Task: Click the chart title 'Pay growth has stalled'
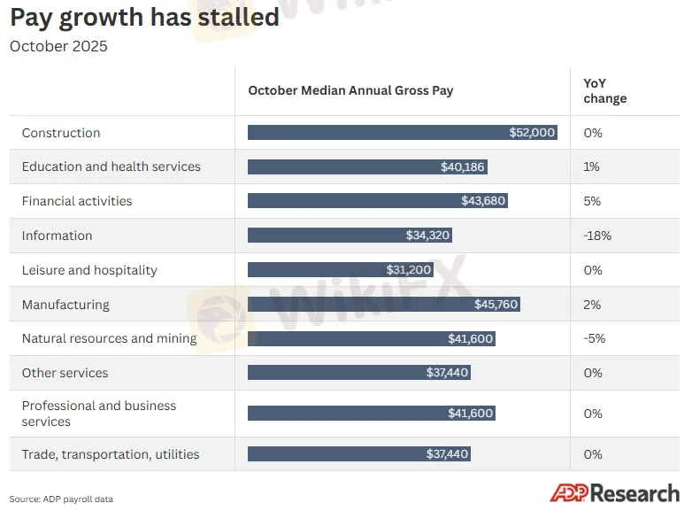pos(144,17)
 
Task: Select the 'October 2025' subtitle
pos(58,46)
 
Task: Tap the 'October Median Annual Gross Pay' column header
pos(350,90)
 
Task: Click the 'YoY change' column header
pos(604,90)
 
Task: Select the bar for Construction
pos(402,133)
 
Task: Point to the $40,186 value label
pos(462,166)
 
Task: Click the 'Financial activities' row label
pos(77,201)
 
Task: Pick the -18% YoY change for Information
pos(597,236)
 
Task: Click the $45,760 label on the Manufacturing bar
pos(495,305)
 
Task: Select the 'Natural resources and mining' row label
pos(109,338)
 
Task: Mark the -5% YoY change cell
pos(594,338)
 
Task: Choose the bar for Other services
pos(358,373)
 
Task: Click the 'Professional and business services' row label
pos(99,414)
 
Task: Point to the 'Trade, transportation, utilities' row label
pos(111,454)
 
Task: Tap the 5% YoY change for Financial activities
pos(592,201)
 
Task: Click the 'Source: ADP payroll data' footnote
pos(61,499)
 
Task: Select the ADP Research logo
pos(614,493)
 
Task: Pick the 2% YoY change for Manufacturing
pos(592,305)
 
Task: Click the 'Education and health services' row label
pos(111,166)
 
